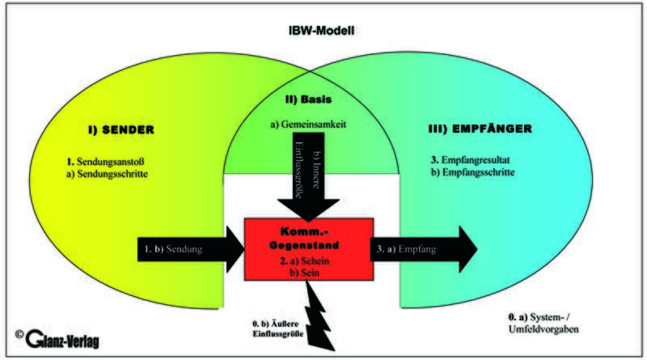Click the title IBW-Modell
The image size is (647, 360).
pyautogui.click(x=321, y=31)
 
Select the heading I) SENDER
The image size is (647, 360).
pyautogui.click(x=121, y=129)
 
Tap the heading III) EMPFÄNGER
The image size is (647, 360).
pyautogui.click(x=480, y=129)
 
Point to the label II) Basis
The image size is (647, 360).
pyautogui.click(x=308, y=100)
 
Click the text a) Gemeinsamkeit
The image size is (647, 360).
pyautogui.click(x=308, y=124)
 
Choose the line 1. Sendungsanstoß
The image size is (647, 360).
pyautogui.click(x=105, y=162)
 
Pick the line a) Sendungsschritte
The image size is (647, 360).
pyautogui.click(x=107, y=173)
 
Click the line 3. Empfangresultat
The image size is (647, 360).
pyautogui.click(x=471, y=159)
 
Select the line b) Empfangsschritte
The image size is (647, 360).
pyautogui.click(x=472, y=172)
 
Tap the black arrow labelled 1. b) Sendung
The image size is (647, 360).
pyautogui.click(x=191, y=249)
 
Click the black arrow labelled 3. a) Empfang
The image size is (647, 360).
pyautogui.click(x=424, y=249)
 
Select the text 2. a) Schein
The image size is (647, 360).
pyautogui.click(x=305, y=261)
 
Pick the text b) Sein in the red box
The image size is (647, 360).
pyautogui.click(x=305, y=273)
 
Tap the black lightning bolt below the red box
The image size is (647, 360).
pyautogui.click(x=319, y=316)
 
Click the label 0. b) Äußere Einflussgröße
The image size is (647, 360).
pyautogui.click(x=277, y=328)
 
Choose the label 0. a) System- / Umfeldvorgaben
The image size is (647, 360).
pyautogui.click(x=543, y=324)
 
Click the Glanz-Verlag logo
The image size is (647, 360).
pyautogui.click(x=62, y=339)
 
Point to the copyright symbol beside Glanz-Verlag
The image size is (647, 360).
pyautogui.click(x=19, y=334)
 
